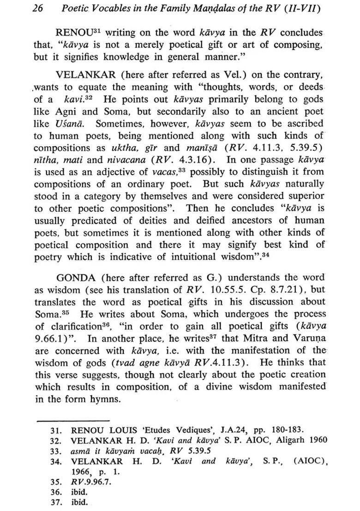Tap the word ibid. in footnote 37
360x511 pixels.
(x=79, y=502)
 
